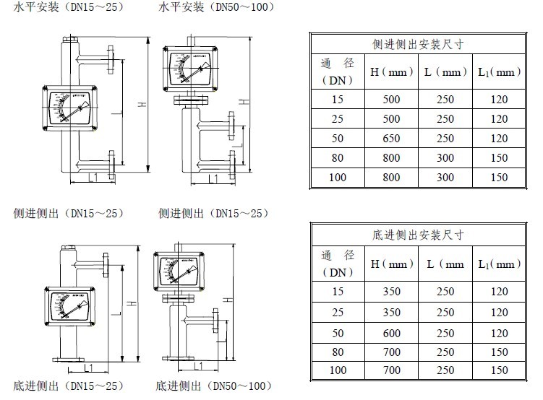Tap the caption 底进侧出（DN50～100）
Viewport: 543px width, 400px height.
coord(215,387)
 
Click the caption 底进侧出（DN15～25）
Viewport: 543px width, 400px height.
coord(68,387)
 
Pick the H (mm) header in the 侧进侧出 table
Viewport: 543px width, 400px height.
coord(391,72)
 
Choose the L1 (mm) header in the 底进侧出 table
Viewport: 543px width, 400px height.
coord(499,264)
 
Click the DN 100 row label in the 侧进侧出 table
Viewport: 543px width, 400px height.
coord(338,177)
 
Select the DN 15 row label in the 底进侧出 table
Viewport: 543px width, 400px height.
coord(338,292)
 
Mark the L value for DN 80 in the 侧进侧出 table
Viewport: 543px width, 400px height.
coord(445,157)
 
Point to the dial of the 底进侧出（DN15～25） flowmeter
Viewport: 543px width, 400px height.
coord(70,306)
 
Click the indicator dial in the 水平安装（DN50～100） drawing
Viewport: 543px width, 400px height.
coord(189,69)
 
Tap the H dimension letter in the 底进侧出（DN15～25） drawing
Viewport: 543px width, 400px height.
coord(133,306)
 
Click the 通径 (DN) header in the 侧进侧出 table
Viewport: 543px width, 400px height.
coord(338,72)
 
